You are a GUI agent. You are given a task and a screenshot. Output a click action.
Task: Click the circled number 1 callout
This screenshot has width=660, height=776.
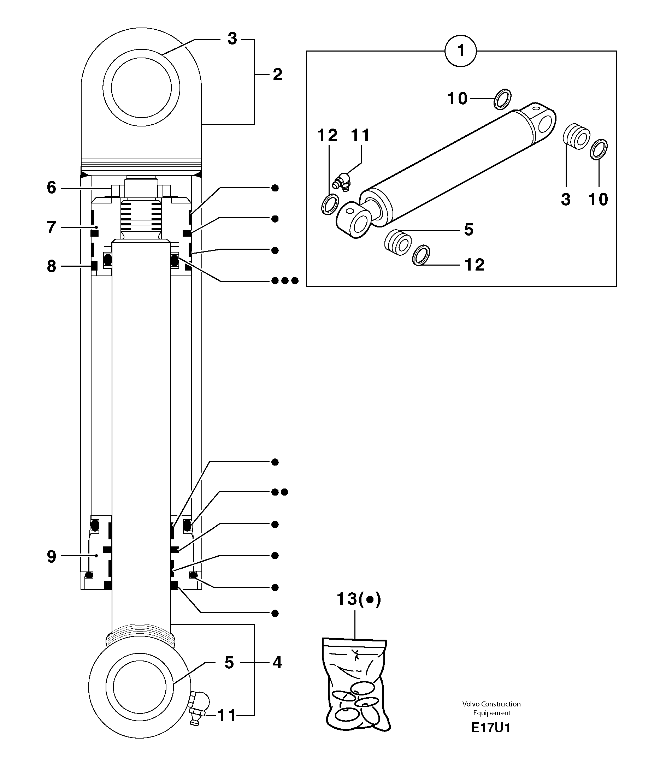[x=461, y=51]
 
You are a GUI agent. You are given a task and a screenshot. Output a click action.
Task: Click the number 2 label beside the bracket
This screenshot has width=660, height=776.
[x=277, y=75]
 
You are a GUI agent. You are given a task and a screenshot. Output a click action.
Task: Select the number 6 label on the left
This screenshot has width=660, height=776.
[x=51, y=188]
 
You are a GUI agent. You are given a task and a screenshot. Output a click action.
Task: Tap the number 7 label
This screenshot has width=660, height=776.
[x=51, y=227]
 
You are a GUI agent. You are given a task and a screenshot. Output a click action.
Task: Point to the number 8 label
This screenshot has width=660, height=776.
[x=51, y=266]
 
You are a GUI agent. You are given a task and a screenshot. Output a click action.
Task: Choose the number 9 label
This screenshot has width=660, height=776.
[x=51, y=556]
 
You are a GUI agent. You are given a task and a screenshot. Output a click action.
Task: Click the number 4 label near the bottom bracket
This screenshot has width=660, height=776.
[x=277, y=663]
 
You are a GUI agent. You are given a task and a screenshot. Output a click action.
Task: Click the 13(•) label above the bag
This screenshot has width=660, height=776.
[x=358, y=599]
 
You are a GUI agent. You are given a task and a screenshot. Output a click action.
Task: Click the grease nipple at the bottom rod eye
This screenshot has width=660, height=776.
[x=197, y=707]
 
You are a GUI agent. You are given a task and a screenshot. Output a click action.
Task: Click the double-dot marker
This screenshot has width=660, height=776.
[x=279, y=492]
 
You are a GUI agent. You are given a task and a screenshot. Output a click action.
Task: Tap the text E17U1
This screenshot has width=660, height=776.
[x=490, y=728]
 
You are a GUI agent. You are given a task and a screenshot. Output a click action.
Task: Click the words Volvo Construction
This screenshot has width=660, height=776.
[x=491, y=704]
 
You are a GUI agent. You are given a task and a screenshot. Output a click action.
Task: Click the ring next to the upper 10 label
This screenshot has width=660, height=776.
[x=502, y=99]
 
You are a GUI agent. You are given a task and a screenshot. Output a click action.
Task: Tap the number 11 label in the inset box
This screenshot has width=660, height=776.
[x=360, y=135]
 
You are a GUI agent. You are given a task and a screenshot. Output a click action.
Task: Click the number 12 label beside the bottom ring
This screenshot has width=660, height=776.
[x=475, y=265]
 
